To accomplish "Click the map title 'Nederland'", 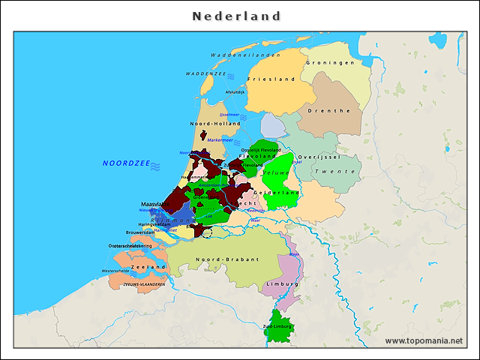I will (236, 16).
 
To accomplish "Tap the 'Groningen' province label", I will (329, 63).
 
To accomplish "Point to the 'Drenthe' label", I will (334, 110).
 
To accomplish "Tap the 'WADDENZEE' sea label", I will (206, 74).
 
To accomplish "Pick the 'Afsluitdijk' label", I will (235, 92).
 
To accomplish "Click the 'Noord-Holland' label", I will (215, 123).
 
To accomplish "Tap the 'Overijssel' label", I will (319, 157).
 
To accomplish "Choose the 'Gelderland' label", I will (277, 193).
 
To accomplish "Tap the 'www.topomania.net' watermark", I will (424, 340).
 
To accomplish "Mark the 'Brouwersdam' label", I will (140, 232).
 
